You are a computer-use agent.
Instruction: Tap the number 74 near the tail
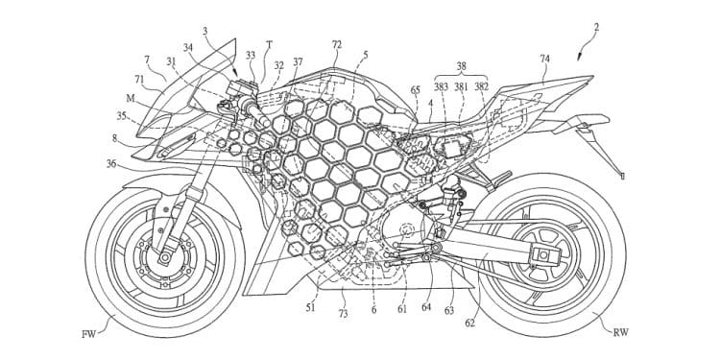pos(545,59)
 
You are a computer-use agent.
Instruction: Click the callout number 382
pos(481,86)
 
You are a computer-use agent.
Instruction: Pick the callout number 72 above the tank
pos(336,45)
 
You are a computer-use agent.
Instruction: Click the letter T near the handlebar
pos(270,44)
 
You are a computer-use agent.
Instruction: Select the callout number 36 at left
pos(112,164)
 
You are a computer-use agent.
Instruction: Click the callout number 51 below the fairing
pos(310,308)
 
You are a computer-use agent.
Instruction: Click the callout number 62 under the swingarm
pos(469,323)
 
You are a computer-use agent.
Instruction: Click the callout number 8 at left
pos(114,138)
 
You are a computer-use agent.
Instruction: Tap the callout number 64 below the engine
pos(426,308)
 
